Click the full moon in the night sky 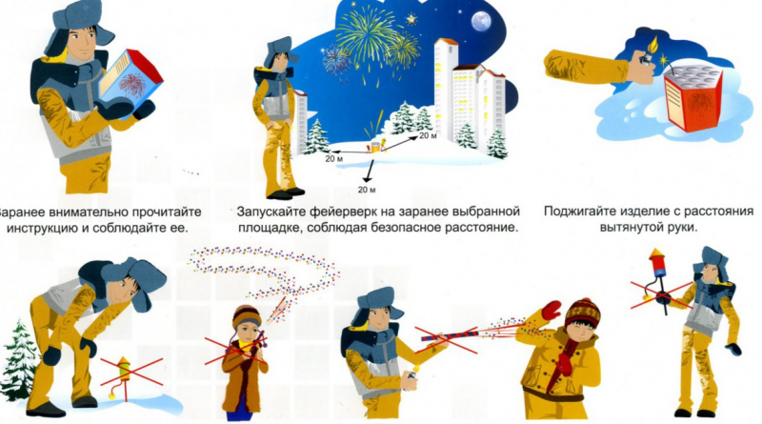(x=481, y=21)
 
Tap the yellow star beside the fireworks (x=411, y=19)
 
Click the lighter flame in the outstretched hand (x=652, y=45)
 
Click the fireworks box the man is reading (x=130, y=80)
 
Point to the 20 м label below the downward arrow (x=367, y=190)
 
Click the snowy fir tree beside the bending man (x=18, y=360)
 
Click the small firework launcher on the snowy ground (x=376, y=146)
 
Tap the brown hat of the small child (x=247, y=316)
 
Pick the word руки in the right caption (x=683, y=227)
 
